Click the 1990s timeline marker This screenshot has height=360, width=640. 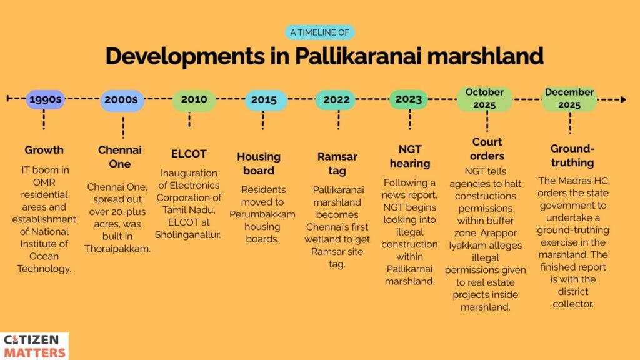(x=45, y=99)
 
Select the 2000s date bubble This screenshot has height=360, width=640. (x=122, y=99)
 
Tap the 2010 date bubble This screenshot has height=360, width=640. (x=194, y=99)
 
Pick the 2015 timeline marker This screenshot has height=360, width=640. (x=264, y=99)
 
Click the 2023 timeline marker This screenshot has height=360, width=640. (x=409, y=99)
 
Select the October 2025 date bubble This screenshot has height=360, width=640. (x=484, y=99)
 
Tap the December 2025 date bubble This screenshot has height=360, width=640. (x=569, y=99)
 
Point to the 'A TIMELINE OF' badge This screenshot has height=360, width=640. (x=319, y=32)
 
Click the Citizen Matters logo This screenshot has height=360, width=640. (x=35, y=346)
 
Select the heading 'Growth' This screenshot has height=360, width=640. (x=44, y=150)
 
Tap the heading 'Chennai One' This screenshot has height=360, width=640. (x=120, y=157)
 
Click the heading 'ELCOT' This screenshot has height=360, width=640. (x=189, y=154)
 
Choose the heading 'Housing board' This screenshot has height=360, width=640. (x=259, y=164)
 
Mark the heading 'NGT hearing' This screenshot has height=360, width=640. (x=410, y=156)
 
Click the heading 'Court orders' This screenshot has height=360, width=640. (x=487, y=149)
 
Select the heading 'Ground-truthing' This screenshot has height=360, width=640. (x=572, y=156)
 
